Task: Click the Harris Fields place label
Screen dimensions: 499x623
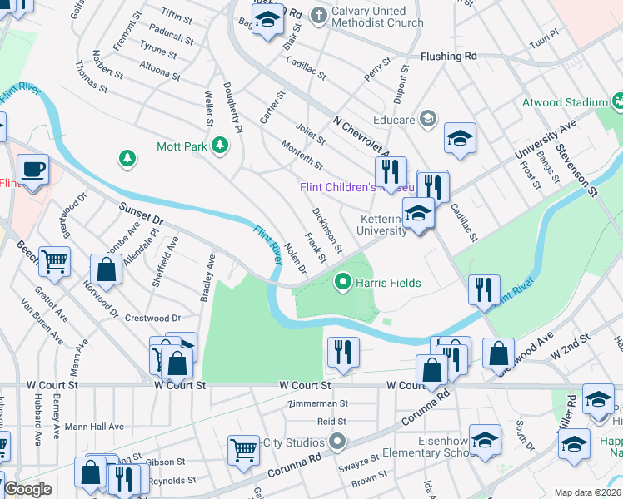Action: click(388, 283)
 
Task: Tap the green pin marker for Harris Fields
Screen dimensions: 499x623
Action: click(341, 283)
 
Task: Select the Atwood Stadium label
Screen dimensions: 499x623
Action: click(565, 102)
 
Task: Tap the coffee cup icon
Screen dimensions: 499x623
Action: click(33, 170)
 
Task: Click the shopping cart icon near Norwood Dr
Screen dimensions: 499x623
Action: click(54, 262)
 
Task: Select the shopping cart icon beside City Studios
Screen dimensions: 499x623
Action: click(243, 450)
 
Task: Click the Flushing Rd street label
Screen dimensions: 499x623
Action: click(448, 57)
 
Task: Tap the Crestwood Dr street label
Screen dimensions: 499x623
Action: click(152, 318)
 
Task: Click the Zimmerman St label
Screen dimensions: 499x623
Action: click(316, 403)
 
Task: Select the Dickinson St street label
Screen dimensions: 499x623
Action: click(327, 230)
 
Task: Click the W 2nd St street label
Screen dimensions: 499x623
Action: click(570, 348)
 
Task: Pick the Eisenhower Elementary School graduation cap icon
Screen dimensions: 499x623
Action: click(485, 441)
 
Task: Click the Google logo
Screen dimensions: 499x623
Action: click(27, 490)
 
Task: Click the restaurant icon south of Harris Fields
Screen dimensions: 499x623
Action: click(342, 352)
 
